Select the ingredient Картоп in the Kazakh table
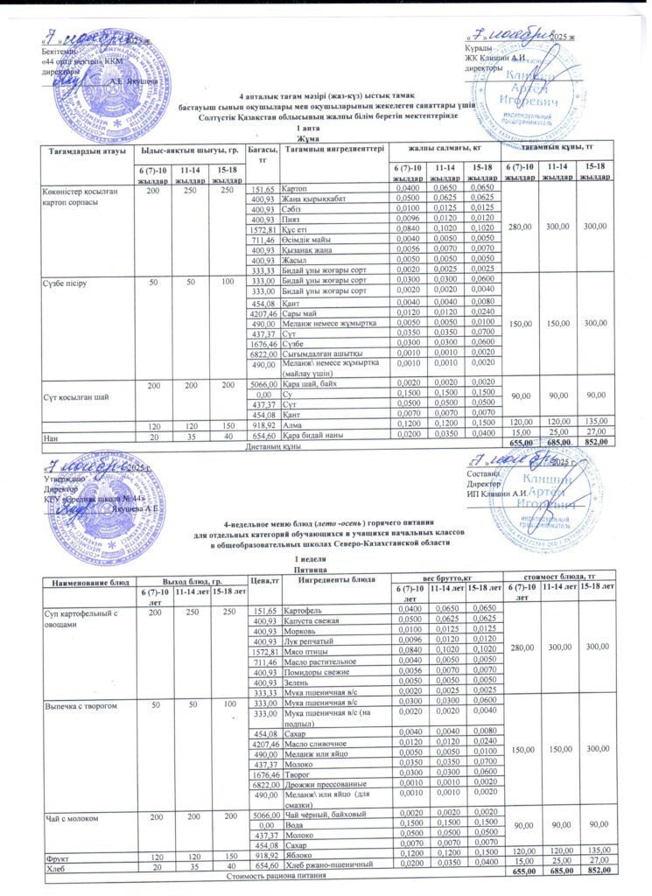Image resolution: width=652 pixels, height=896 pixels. pyautogui.click(x=293, y=189)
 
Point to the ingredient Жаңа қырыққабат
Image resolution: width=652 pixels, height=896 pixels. pyautogui.click(x=311, y=199)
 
